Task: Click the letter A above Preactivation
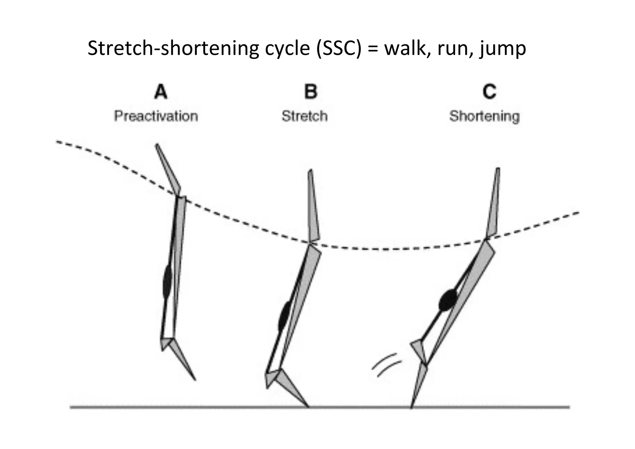[161, 92]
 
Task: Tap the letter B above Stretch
[311, 92]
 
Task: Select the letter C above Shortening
[490, 92]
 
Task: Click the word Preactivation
[156, 116]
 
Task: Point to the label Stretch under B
[304, 116]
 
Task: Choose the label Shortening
[484, 116]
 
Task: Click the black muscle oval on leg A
[167, 282]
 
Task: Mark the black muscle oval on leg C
[448, 300]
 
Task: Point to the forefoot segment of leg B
[293, 388]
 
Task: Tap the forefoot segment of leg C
[419, 385]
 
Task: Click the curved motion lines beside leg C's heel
[386, 365]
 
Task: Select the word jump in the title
[502, 49]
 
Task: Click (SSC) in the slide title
[339, 49]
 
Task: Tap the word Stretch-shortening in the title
[173, 49]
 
